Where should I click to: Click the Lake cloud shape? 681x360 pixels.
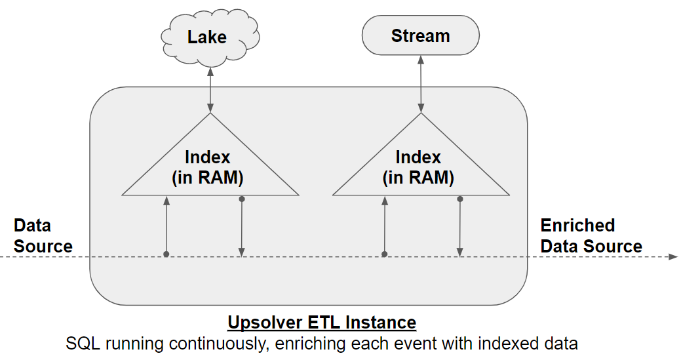210,38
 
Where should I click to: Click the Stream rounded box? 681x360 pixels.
420,35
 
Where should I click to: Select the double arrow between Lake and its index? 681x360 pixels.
210,90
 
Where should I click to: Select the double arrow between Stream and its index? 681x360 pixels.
420,84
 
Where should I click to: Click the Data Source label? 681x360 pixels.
43,236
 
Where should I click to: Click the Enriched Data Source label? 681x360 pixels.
591,236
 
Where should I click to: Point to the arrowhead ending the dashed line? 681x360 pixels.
673,256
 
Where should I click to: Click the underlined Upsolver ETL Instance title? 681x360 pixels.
322,322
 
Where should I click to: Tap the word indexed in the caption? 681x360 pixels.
508,344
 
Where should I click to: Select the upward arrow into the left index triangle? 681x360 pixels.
166,226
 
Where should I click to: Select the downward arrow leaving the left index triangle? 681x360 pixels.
242,226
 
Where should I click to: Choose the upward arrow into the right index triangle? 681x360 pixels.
384,226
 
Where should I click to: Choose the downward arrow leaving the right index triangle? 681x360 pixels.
460,226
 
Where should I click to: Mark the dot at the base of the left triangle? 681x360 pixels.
242,199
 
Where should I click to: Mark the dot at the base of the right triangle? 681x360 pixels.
460,199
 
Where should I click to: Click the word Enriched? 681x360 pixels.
577,226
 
